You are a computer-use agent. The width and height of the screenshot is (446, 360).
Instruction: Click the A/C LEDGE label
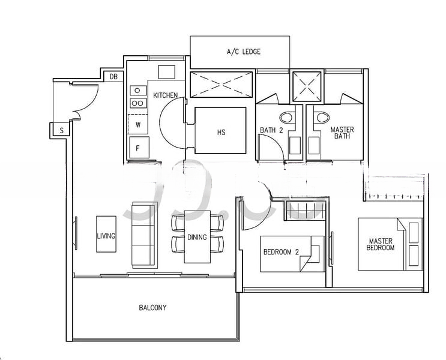coord(243,52)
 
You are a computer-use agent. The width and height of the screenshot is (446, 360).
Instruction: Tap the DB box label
coord(113,76)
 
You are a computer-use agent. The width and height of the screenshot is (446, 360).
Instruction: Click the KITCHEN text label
coord(165,95)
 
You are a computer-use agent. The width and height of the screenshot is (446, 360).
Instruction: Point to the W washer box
coord(137,125)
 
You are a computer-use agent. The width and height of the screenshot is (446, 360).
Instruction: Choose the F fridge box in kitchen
coord(138,148)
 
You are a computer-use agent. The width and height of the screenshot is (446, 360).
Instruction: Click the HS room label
coord(221,132)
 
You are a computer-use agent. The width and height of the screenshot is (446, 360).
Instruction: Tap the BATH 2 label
coord(271,130)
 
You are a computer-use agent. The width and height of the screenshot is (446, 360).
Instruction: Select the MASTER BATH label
coord(342,133)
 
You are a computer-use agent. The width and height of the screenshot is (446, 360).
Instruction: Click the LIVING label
coord(106,236)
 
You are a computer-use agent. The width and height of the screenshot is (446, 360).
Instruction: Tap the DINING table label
coord(197,237)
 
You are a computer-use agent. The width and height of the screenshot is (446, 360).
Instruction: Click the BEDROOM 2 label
coord(282,251)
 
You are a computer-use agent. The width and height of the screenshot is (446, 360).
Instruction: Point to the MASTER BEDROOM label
coord(381,244)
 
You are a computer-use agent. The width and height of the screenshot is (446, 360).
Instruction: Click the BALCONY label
coord(152,308)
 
